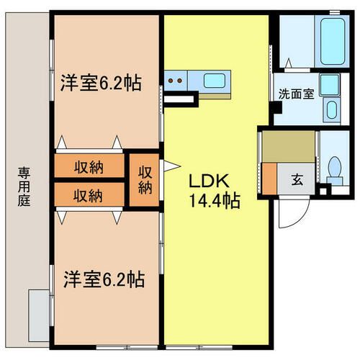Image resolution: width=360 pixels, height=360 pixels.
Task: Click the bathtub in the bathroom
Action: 333,41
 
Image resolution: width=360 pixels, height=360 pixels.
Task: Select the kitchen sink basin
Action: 215,81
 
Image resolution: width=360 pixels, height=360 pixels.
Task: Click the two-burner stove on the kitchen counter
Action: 176,81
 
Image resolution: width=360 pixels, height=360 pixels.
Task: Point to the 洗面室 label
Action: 296,94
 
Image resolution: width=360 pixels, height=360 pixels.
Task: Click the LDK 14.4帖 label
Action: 215,191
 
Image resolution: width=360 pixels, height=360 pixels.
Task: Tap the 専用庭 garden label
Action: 24,187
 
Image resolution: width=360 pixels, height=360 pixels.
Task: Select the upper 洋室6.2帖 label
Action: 101,83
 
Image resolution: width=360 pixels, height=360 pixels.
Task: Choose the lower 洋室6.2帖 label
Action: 104,279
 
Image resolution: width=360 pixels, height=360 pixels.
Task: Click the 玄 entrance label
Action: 297,180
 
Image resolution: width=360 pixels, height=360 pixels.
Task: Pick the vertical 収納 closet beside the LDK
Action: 145,180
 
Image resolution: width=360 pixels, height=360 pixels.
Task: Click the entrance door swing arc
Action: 297,220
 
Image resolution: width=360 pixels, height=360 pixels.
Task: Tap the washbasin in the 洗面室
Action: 332,109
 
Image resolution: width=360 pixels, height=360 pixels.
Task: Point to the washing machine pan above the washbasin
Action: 330,85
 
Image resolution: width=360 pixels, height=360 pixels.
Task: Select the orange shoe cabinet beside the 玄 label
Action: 270,179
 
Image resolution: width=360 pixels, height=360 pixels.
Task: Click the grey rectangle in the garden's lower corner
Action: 39,315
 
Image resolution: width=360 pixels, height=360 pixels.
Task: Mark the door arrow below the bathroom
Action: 289,63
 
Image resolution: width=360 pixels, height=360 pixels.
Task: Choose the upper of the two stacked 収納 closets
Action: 89,166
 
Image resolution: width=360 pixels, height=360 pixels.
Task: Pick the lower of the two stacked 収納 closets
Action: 89,194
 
